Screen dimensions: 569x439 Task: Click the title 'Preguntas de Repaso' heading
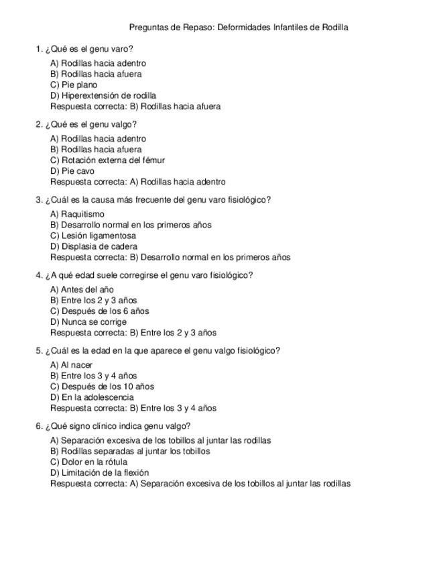coord(238,28)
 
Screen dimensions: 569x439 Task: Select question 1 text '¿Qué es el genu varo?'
coord(88,49)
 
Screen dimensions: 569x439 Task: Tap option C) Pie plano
coord(74,85)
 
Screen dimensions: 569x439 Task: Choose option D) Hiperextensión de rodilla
coord(103,96)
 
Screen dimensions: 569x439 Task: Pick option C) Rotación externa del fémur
coord(107,160)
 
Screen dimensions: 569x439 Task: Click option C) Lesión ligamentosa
coord(93,236)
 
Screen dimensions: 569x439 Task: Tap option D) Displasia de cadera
coord(94,247)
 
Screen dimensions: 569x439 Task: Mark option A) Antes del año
coord(82,290)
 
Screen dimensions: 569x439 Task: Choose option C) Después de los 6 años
coord(100,311)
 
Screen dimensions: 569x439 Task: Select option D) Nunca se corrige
coord(88,322)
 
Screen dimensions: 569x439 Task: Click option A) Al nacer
coord(72,365)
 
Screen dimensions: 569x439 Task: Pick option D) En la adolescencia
coord(92,397)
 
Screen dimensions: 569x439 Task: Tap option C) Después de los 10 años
coord(102,386)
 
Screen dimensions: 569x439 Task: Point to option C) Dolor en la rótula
coord(88,462)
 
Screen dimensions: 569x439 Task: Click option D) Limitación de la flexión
coord(99,473)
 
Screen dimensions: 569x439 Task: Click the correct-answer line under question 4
coord(133,333)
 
